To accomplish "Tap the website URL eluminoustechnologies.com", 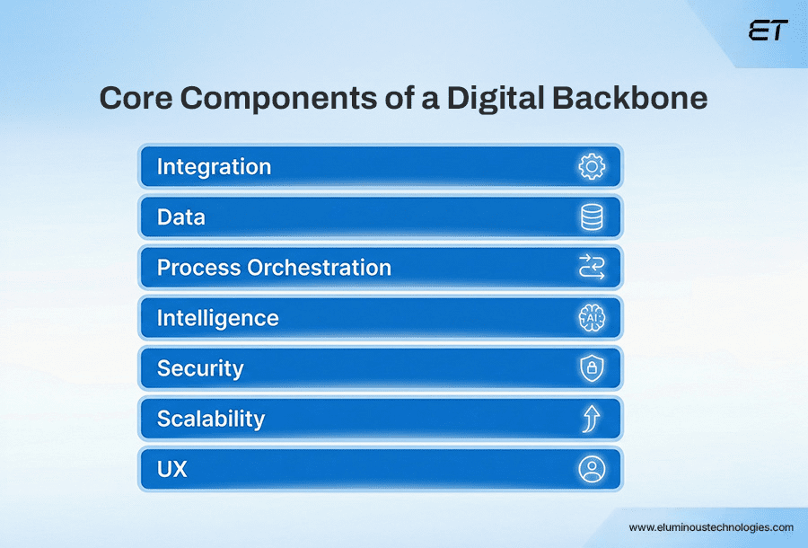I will pos(710,527).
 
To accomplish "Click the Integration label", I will pos(214,167).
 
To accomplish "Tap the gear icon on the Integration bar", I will pos(592,167).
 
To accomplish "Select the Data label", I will pos(180,217).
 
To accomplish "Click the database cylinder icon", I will pos(592,217).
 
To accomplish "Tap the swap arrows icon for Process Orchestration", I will pos(592,268).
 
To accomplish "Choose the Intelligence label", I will pos(217,318).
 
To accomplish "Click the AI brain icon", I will pos(592,318).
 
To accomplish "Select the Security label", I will pos(200,368).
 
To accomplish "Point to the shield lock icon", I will pos(592,368).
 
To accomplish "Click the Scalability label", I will pos(211,419).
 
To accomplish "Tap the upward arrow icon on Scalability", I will pos(592,419).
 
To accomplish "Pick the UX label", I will pos(171,469).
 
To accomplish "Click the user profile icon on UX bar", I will pos(592,469).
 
